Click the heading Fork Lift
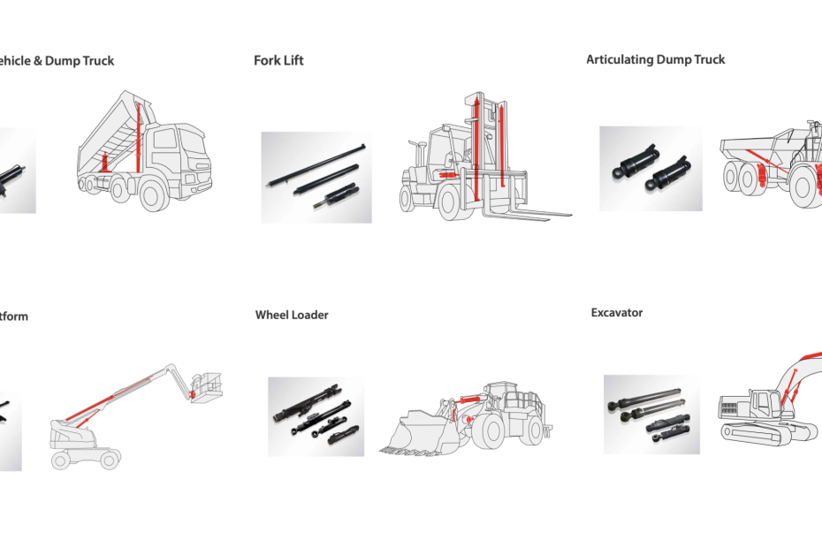coord(278,61)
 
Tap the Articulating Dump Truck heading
coord(656,59)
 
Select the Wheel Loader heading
coord(292,315)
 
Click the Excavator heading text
coord(617,313)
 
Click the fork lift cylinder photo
coord(316,177)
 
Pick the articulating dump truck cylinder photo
coord(651,168)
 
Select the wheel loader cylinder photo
coord(316,416)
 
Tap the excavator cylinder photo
coord(651,415)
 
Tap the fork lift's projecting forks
coord(530,214)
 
